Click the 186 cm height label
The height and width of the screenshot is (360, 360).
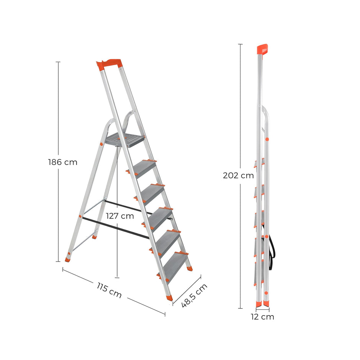coord(63,162)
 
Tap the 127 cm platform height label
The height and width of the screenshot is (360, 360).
coord(120,216)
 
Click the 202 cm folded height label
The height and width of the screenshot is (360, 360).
coord(239,175)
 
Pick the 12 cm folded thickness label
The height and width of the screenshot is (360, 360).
coord(262,317)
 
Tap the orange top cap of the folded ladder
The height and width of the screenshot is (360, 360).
coord(262,49)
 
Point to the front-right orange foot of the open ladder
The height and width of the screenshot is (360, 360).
coord(189,268)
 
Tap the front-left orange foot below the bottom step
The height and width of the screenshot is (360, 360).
coord(169,297)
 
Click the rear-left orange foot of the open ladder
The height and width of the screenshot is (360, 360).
coord(69,259)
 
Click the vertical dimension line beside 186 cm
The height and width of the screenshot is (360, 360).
coord(58,115)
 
